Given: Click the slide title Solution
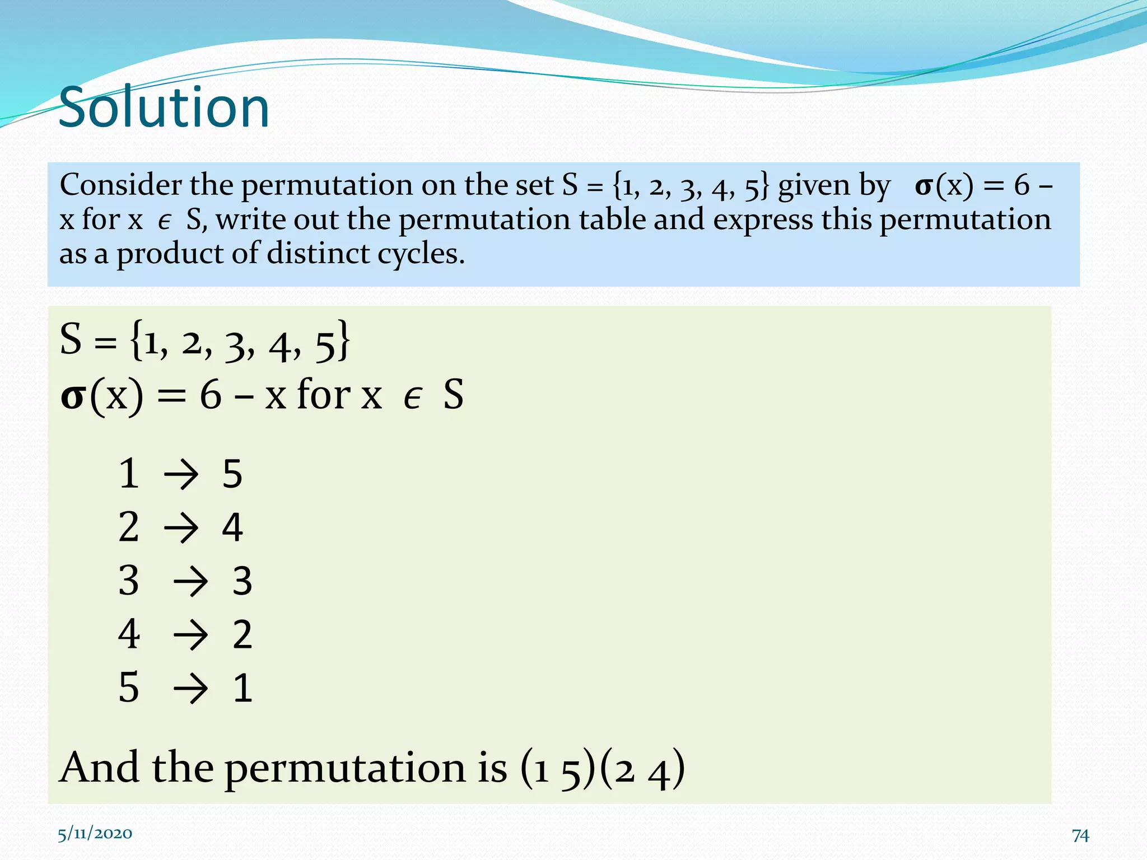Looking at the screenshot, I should tap(164, 107).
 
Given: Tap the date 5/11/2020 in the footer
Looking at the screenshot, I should tap(95, 834).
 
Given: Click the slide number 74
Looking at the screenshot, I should tap(1080, 835).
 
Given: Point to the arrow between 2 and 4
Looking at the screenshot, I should tap(181, 528).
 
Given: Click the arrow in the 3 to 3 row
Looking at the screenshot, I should tap(190, 582).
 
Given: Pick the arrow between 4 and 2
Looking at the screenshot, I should tap(190, 635).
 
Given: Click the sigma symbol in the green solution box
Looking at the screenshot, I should tap(73, 397).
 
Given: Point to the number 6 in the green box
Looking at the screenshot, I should tap(211, 395).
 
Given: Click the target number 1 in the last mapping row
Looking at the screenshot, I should tap(243, 688).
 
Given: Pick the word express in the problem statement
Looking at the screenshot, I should tap(763, 220).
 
